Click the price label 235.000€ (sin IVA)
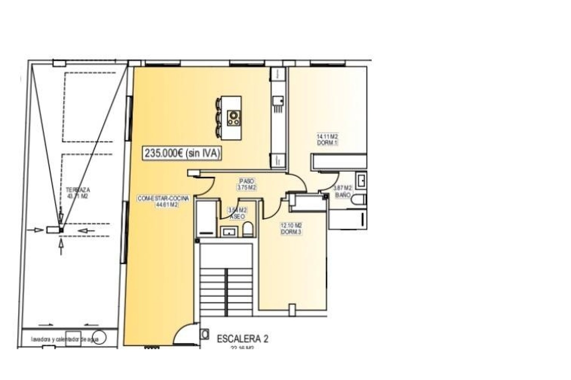pyautogui.click(x=182, y=153)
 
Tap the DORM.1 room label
pyautogui.click(x=327, y=142)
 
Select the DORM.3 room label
pyautogui.click(x=291, y=232)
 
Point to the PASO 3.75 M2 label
pyautogui.click(x=247, y=184)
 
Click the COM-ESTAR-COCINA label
pyautogui.click(x=163, y=199)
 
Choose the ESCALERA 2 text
pyautogui.click(x=243, y=339)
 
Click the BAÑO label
pyautogui.click(x=343, y=195)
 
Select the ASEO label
pyautogui.click(x=237, y=217)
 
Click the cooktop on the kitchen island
pyautogui.click(x=233, y=118)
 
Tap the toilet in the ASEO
pyautogui.click(x=248, y=229)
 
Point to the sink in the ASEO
pyautogui.click(x=229, y=231)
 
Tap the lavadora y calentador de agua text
pyautogui.click(x=69, y=339)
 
